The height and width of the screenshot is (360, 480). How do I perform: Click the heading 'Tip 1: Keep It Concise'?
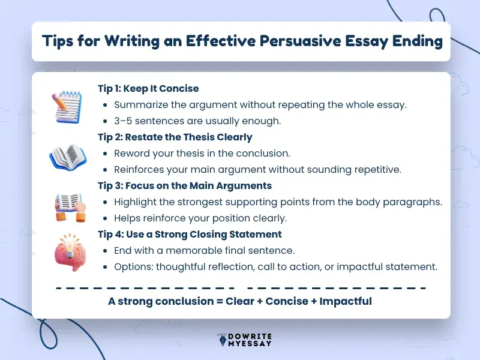click(148, 89)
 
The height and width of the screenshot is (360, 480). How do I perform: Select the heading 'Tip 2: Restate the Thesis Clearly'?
click(175, 137)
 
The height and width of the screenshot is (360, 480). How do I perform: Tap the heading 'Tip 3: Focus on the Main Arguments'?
click(185, 186)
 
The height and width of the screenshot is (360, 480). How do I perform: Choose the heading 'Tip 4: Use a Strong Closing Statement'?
click(190, 235)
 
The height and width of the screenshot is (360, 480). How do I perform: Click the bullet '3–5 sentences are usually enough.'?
click(197, 121)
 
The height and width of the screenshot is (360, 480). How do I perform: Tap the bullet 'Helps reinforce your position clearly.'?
click(200, 218)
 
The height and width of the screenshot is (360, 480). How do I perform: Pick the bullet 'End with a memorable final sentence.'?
click(204, 250)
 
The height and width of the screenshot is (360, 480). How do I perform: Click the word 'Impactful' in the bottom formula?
click(346, 301)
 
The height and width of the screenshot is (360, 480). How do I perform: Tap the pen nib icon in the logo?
click(221, 340)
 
